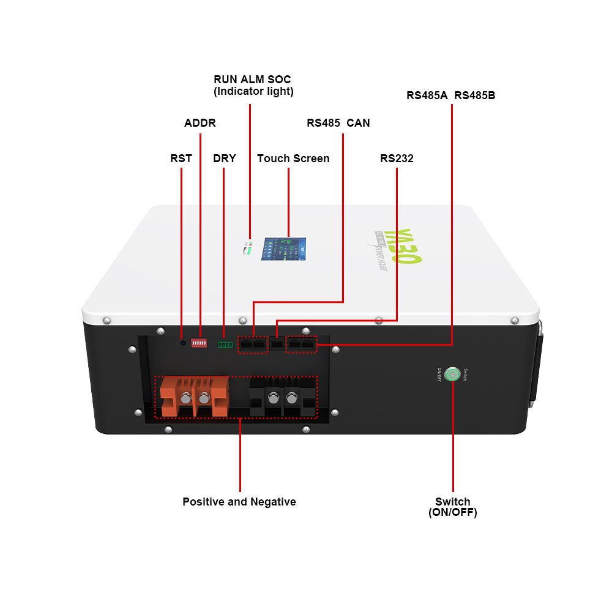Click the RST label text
point(181,159)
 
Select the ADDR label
point(200,123)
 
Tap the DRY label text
point(224,159)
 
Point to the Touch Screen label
point(293,159)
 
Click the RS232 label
point(397,159)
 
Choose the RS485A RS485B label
point(451,95)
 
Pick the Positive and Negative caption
point(239,502)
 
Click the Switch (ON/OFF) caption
point(453,507)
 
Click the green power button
point(452,373)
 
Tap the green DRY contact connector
point(225,345)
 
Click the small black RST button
point(182,343)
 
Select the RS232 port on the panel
point(277,345)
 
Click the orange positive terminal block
point(195,396)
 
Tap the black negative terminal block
point(283,398)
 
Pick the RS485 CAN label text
point(338,123)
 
